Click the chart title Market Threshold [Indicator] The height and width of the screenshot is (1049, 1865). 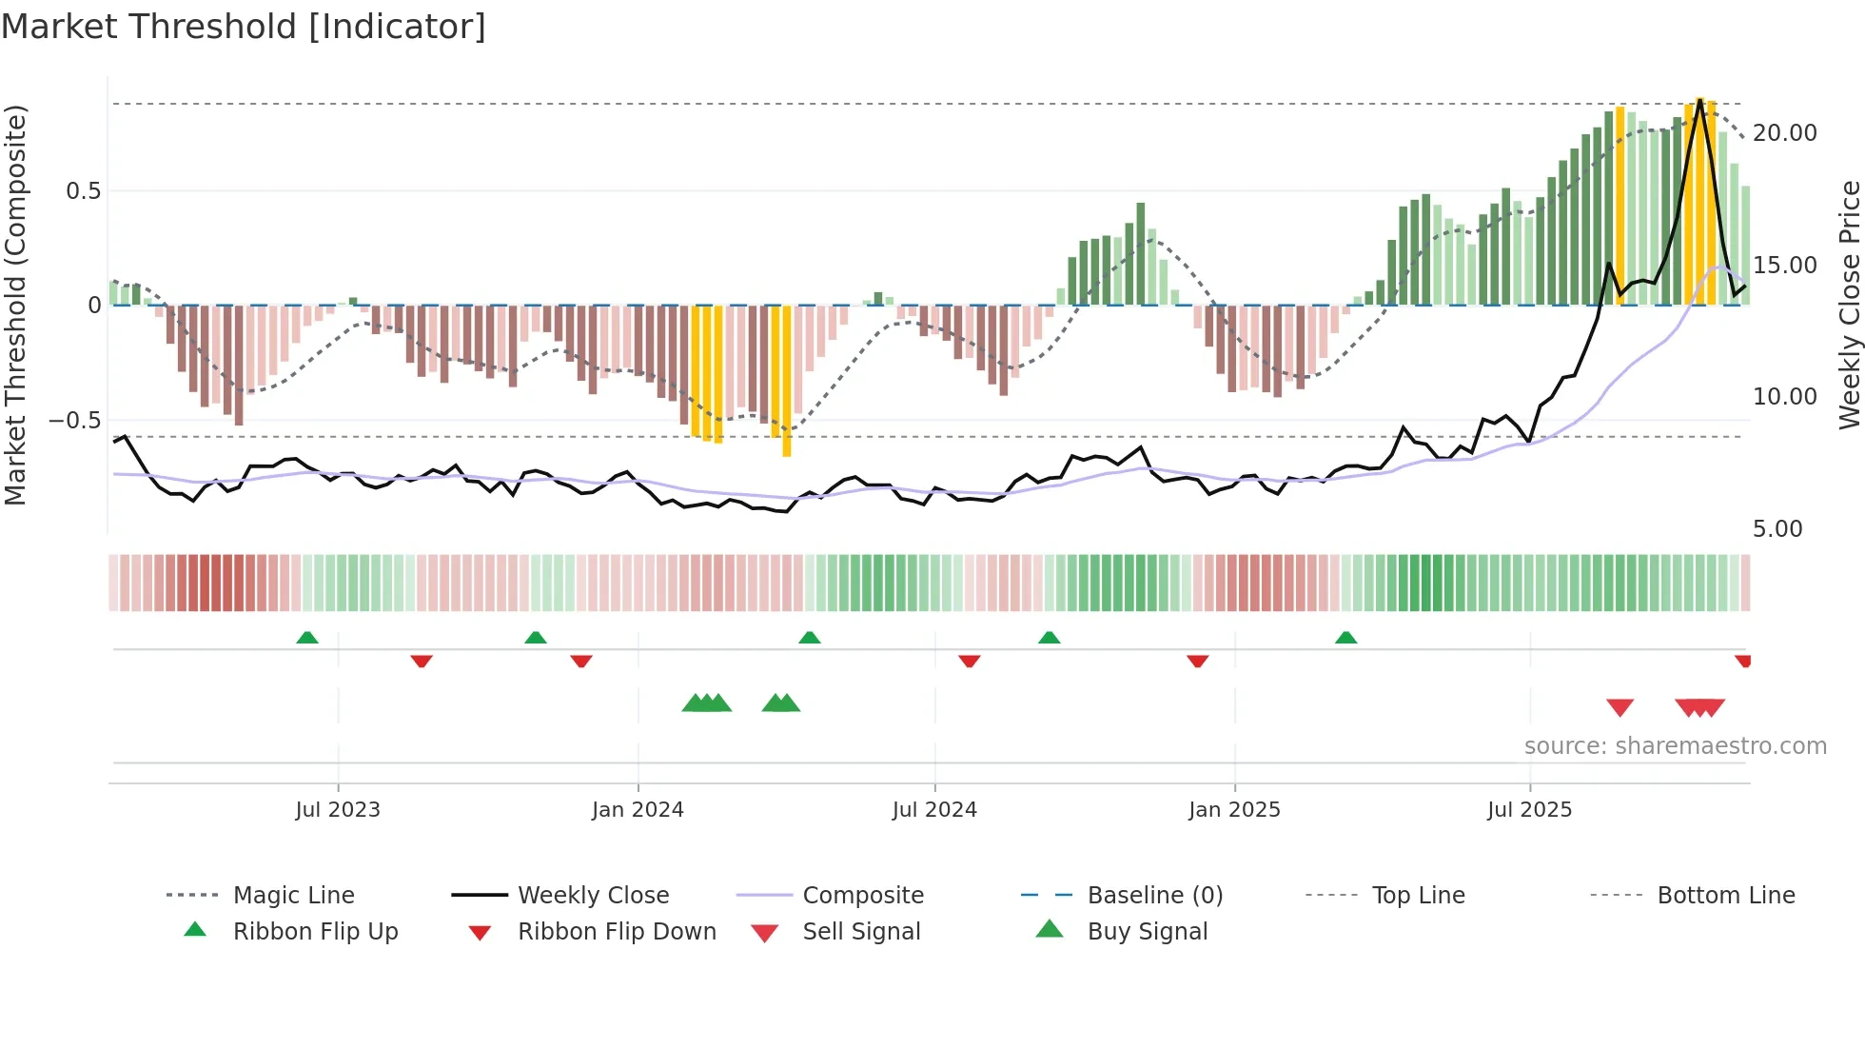(244, 27)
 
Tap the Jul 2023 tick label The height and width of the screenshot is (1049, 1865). (338, 810)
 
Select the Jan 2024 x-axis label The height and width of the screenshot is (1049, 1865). (638, 810)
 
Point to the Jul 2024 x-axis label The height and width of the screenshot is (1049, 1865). (934, 810)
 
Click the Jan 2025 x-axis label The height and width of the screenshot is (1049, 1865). (1234, 810)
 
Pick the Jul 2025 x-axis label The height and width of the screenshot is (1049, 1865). (1530, 810)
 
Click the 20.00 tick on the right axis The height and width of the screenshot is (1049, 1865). (1785, 133)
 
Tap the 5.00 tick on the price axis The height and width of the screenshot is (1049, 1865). (1777, 529)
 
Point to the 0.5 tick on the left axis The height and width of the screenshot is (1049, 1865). (83, 191)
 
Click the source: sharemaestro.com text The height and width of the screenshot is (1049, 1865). (1675, 746)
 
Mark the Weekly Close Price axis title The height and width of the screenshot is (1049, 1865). (1849, 305)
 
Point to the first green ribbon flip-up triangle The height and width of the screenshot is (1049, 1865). (307, 638)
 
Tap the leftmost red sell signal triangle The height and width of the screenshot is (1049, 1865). (1620, 707)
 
